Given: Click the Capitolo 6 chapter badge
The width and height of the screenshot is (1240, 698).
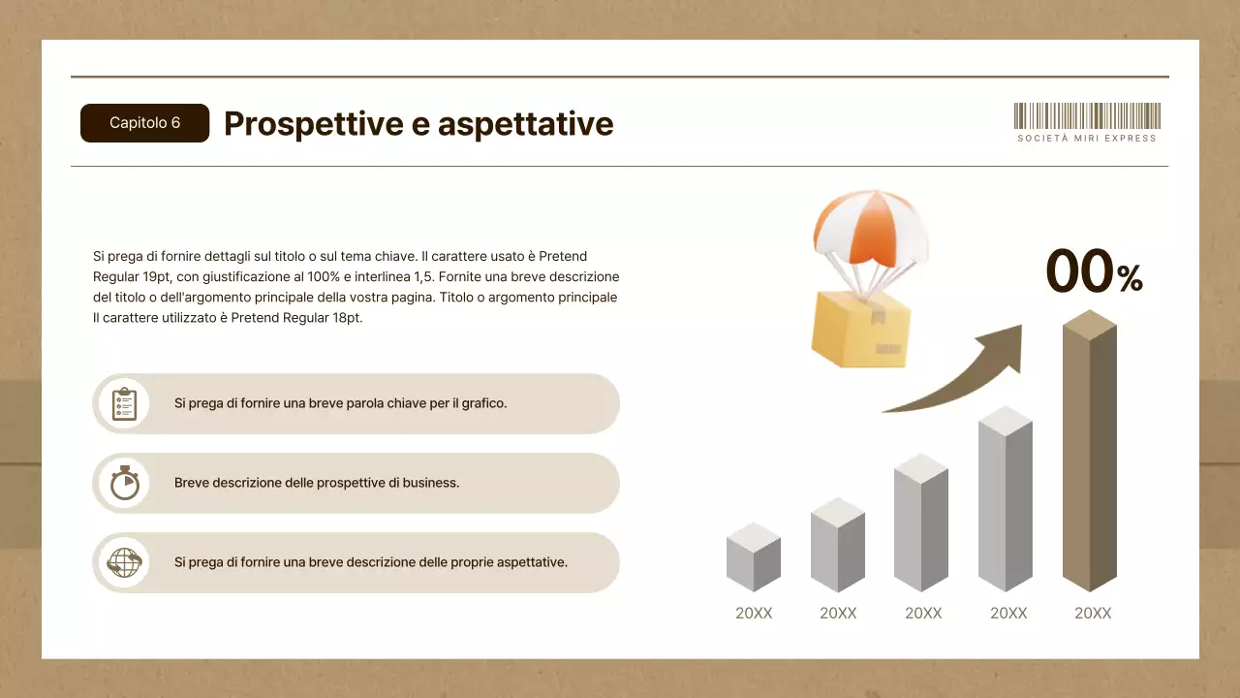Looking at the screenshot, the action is (x=144, y=123).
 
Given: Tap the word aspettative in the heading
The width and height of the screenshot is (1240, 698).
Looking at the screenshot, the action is (x=525, y=124).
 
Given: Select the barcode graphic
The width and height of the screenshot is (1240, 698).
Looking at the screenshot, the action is (x=1087, y=115).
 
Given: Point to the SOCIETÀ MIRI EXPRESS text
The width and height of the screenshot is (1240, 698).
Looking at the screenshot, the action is (x=1087, y=139).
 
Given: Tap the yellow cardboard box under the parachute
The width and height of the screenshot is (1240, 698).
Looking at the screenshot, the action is (x=861, y=329).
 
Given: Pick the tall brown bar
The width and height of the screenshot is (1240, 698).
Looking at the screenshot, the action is (x=1090, y=451).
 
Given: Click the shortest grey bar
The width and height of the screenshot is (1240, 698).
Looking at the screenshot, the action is (x=754, y=556).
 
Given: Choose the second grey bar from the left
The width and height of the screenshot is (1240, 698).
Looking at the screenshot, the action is (x=838, y=545).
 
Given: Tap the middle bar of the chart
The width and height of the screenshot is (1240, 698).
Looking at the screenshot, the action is (x=921, y=523).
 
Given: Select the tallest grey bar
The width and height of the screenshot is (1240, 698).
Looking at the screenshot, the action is (x=1006, y=498).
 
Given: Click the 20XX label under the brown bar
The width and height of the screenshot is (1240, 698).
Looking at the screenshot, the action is (x=1093, y=614).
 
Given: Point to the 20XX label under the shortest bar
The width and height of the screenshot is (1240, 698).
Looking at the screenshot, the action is (x=754, y=614).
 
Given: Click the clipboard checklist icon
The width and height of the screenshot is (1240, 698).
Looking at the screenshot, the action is (x=125, y=404).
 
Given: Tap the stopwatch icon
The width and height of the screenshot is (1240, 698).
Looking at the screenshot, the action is (x=125, y=483).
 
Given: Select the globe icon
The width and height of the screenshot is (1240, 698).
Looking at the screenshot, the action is (x=125, y=563).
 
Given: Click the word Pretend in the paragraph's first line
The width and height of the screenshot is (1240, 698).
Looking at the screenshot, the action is (x=563, y=257).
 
